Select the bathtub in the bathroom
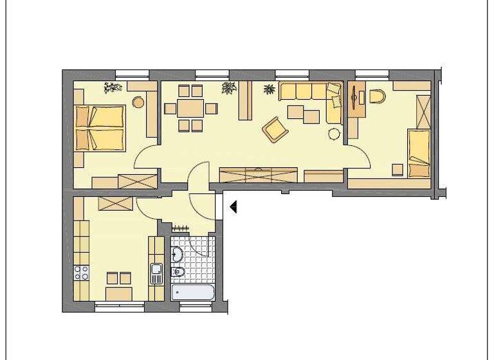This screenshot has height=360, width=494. (x=194, y=292)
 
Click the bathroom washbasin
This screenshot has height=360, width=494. (x=178, y=273)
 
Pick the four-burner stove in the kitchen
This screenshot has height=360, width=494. (x=81, y=273)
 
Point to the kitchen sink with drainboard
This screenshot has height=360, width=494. (x=155, y=273)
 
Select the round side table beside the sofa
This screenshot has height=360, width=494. (x=334, y=134)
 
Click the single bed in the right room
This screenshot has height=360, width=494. (x=419, y=152)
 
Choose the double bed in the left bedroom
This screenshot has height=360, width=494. (x=100, y=127)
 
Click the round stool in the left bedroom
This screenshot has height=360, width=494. (x=138, y=102)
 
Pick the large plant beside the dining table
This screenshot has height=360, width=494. (x=228, y=88)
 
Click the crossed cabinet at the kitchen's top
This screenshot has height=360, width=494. (x=116, y=203)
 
